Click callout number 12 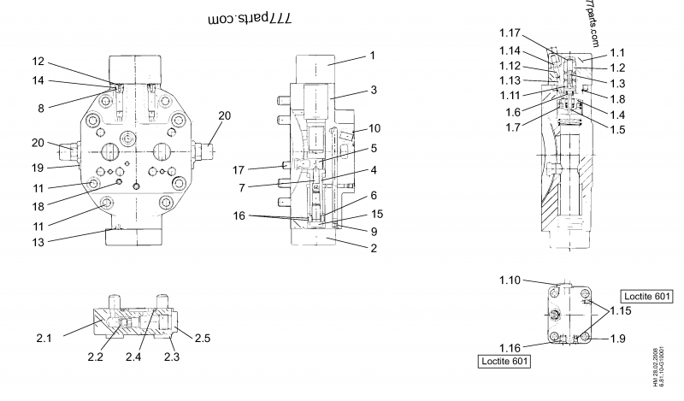point(38,61)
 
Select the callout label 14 point(38,81)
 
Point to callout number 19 point(38,167)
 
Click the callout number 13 point(38,242)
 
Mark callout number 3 point(374,89)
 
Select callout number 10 point(374,128)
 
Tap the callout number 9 point(374,231)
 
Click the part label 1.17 point(510,32)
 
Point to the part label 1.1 point(617,52)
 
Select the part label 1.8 point(617,98)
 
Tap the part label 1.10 point(510,280)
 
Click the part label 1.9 point(617,339)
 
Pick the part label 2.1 point(44,339)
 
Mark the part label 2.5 point(203,339)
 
